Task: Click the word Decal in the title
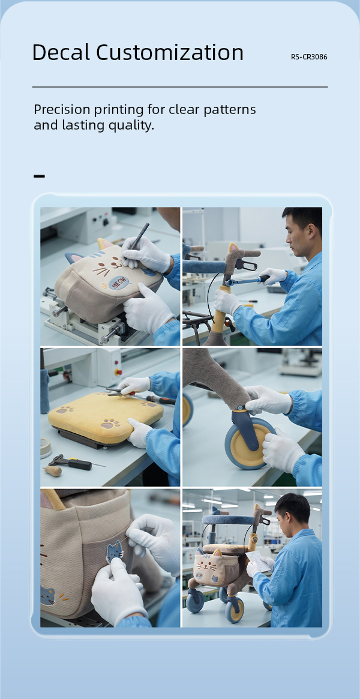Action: pyautogui.click(x=62, y=53)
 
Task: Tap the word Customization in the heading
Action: pyautogui.click(x=170, y=53)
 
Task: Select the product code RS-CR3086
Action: pyautogui.click(x=309, y=57)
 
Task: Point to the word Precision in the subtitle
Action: pyautogui.click(x=65, y=110)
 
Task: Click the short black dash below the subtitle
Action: pyautogui.click(x=39, y=176)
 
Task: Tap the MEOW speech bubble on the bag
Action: pyautogui.click(x=119, y=282)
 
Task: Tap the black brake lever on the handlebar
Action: pyautogui.click(x=245, y=265)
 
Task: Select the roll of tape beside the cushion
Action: pyautogui.click(x=46, y=447)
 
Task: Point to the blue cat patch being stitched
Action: pyautogui.click(x=115, y=551)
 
